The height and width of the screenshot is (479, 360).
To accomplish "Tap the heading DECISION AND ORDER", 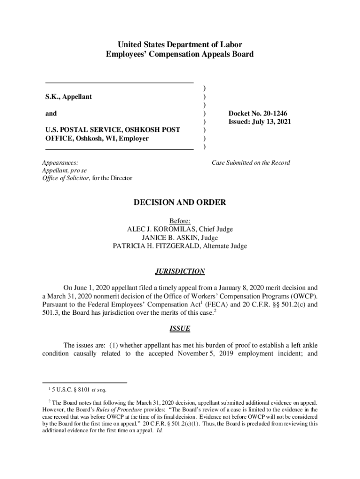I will [x=180, y=203].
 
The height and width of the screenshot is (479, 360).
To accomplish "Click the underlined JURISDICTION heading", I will [x=180, y=271].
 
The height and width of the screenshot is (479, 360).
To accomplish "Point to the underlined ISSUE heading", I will [x=180, y=328].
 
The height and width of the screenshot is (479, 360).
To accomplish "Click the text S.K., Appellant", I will [x=68, y=97].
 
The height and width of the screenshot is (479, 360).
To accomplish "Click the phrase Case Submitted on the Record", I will [x=251, y=163].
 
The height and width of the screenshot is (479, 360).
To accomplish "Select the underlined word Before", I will [x=180, y=221].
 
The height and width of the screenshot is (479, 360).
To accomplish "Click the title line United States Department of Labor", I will [x=180, y=45].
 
